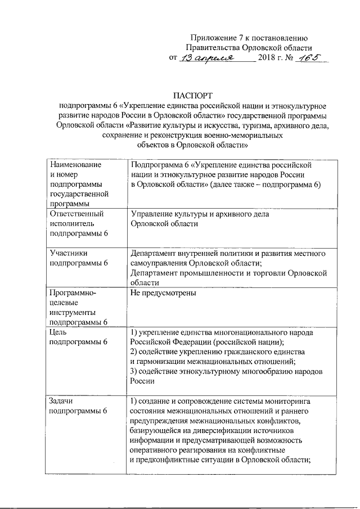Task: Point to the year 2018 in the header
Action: pyautogui.click(x=267, y=59)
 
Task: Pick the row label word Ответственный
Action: pyautogui.click(x=77, y=214)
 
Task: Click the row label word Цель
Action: pyautogui.click(x=60, y=332)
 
